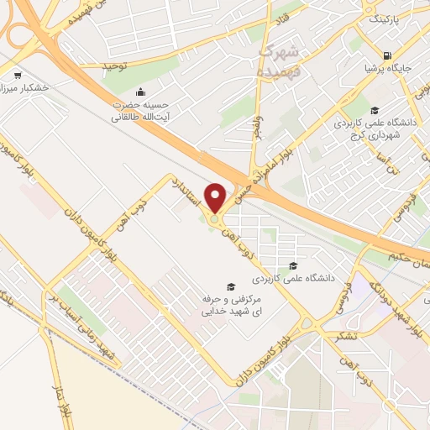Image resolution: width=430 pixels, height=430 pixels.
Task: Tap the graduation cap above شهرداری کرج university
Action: click(375, 109)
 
